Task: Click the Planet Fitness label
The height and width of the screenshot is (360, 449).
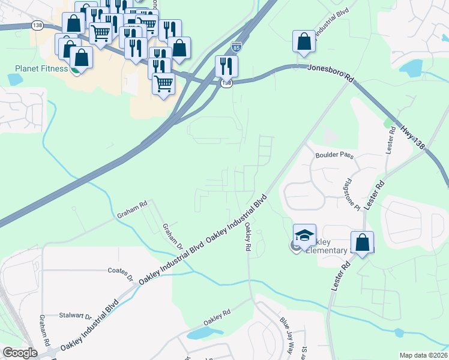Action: pos(33,68)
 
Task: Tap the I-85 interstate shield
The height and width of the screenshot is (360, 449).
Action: pos(238,46)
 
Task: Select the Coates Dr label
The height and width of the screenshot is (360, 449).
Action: pos(120,272)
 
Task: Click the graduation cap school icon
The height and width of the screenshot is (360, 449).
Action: pos(304,235)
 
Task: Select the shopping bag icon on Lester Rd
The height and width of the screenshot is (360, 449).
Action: pos(362,242)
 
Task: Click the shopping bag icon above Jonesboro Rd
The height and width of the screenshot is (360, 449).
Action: pos(304,42)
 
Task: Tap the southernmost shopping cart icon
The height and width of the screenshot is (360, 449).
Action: pos(163,83)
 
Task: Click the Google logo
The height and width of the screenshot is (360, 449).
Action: pos(20,353)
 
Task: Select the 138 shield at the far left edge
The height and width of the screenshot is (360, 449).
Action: pos(37,25)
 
